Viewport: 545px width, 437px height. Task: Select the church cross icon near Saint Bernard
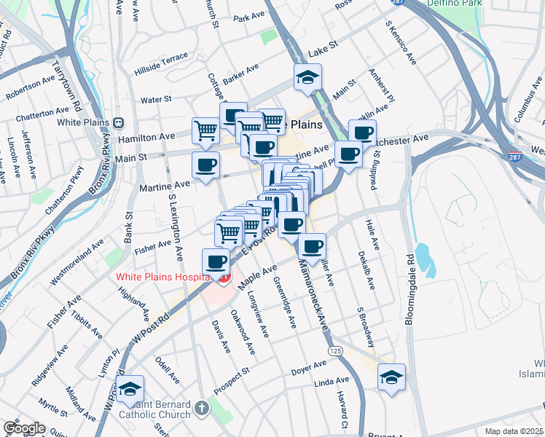tap(203, 409)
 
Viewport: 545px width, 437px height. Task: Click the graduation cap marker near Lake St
tap(308, 76)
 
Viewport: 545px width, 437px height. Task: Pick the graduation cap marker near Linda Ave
tap(391, 377)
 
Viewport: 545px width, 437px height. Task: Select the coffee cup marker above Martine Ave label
tap(205, 164)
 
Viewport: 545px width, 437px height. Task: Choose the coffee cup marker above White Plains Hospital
tap(216, 261)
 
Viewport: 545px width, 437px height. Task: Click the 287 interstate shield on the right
tap(514, 156)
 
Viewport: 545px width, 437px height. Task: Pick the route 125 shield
tap(336, 350)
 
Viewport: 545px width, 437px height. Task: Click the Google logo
tap(23, 428)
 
